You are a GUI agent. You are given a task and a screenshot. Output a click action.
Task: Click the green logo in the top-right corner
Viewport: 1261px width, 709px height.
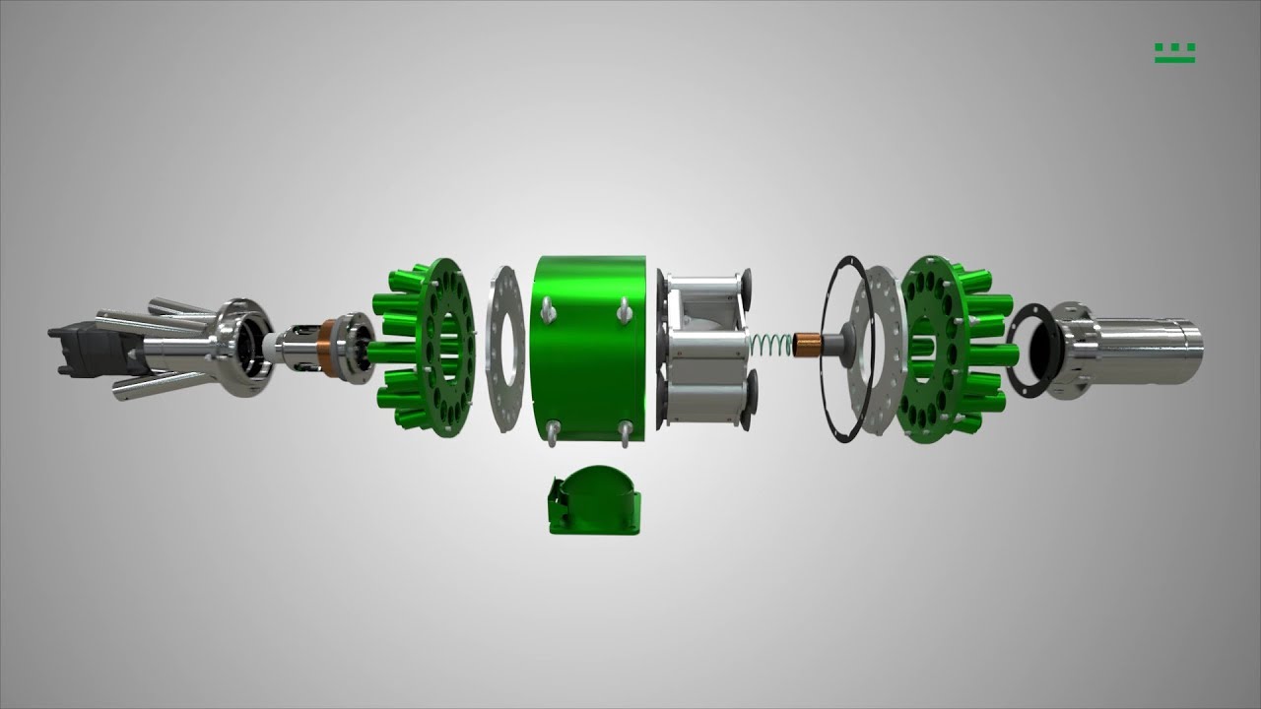pos(1174,53)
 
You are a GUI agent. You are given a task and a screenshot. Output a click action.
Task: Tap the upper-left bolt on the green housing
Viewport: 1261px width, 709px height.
pos(549,313)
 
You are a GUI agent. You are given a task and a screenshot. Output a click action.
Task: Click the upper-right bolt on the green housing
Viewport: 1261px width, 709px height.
pos(625,311)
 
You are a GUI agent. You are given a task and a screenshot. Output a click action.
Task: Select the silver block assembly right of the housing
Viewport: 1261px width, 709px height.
pos(705,350)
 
